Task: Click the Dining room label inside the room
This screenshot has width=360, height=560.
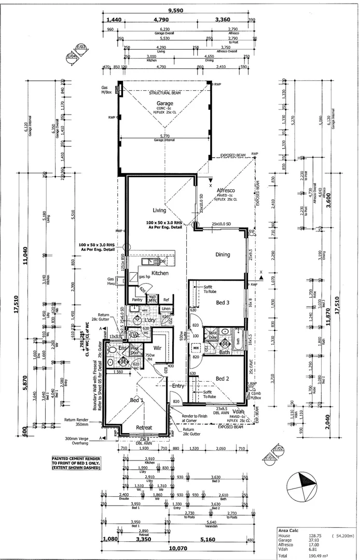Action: tap(223, 254)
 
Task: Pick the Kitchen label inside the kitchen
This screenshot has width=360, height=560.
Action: tap(160, 273)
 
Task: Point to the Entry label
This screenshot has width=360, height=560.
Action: tap(178, 386)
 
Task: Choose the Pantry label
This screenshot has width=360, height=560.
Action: tap(137, 300)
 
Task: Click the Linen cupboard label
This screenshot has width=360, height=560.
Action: tap(165, 309)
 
